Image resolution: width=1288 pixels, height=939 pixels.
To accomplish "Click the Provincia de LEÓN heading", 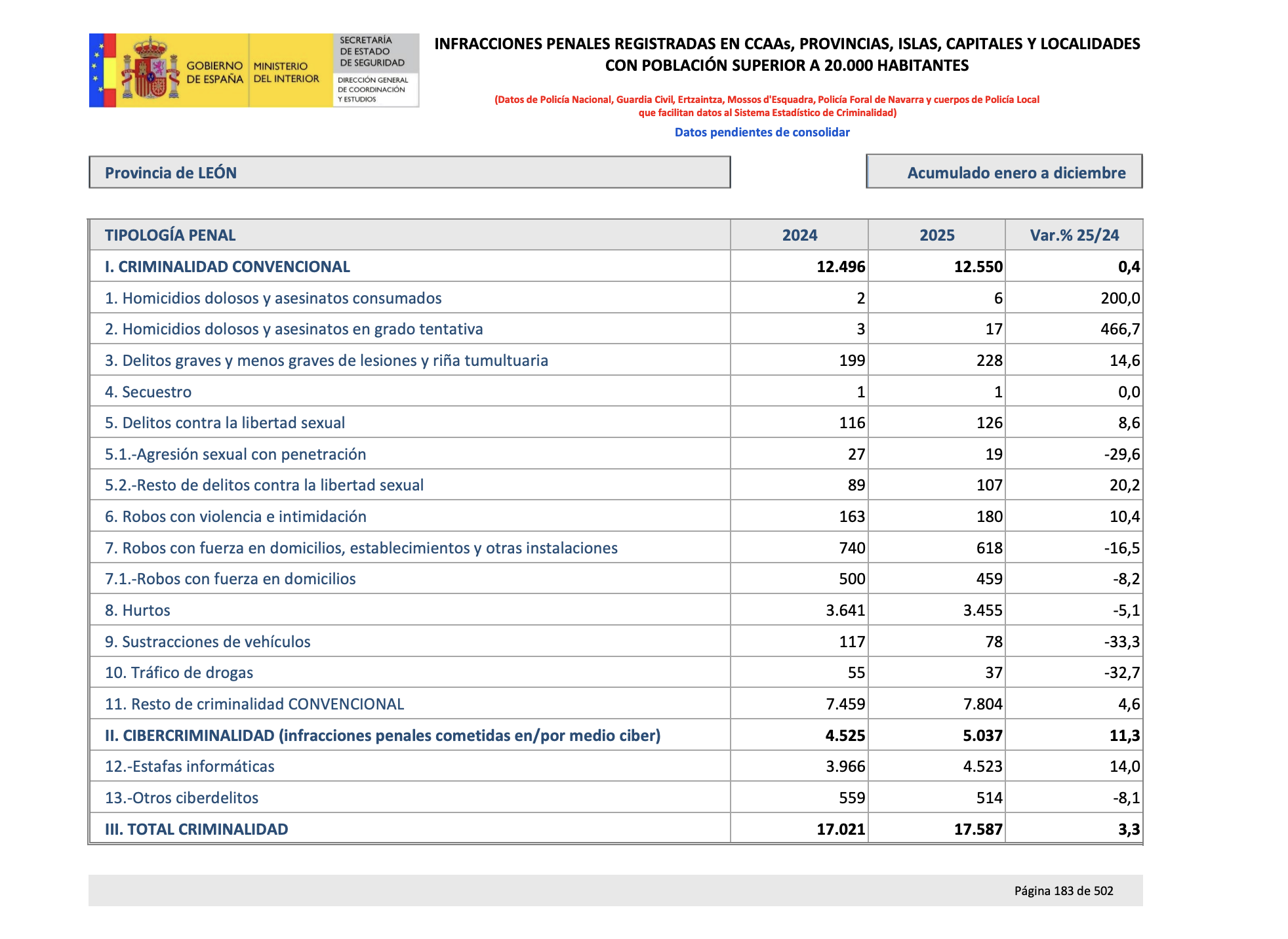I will click(171, 173).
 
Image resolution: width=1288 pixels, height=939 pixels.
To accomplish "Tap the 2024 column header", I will click(799, 235).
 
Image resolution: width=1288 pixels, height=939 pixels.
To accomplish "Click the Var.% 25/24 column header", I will click(1074, 235).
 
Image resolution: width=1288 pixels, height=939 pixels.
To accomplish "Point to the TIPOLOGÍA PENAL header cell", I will click(171, 235).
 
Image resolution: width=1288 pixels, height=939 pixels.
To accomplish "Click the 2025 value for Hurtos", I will click(982, 610).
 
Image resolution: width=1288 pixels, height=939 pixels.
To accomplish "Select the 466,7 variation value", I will click(1120, 329).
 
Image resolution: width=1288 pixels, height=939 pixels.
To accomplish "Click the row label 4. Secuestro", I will click(148, 392).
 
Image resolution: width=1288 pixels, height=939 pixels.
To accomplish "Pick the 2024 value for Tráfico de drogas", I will click(856, 673).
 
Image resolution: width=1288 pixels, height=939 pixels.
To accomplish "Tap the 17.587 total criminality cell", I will click(978, 829).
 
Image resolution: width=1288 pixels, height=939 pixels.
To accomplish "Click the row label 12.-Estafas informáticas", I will click(190, 767).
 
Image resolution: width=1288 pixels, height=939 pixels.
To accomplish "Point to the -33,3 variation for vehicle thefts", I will click(1121, 642).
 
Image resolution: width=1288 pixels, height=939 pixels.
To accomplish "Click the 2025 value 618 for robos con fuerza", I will click(989, 548).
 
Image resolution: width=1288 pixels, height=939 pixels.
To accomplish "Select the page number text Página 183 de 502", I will click(1063, 891).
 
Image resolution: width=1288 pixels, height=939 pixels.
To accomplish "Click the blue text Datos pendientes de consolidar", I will click(762, 132).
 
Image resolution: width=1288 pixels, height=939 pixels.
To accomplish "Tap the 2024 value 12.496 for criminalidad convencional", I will click(841, 267).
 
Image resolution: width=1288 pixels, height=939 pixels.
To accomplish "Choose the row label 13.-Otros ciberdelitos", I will click(182, 798).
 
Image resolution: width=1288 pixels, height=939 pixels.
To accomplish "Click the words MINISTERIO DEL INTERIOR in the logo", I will click(286, 72).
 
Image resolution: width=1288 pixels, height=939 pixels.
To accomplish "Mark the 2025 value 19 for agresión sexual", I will click(994, 454).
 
